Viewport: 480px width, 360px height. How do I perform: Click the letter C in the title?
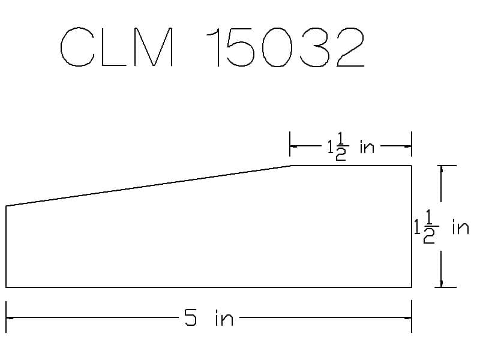click(x=64, y=47)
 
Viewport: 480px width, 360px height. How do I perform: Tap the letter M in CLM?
click(x=154, y=47)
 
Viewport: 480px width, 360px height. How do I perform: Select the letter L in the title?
click(x=113, y=47)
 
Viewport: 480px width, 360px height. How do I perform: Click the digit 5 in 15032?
click(x=241, y=47)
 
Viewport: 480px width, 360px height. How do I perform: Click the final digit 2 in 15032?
click(x=350, y=47)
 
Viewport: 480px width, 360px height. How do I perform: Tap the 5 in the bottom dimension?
click(x=190, y=317)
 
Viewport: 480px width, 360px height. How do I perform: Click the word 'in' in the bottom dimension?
click(x=224, y=318)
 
